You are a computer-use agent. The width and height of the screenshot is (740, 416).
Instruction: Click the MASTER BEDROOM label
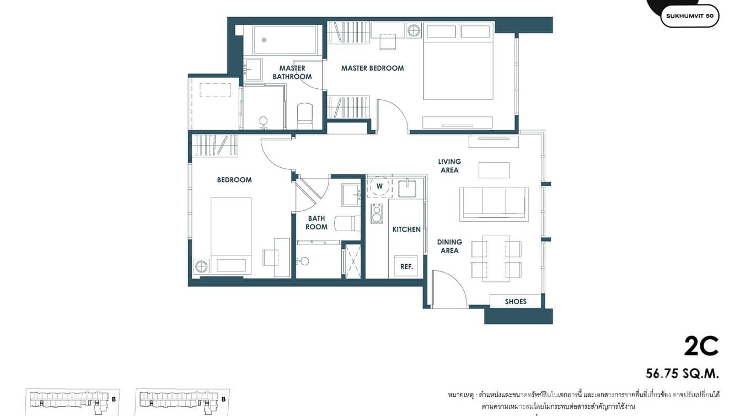(x=372, y=68)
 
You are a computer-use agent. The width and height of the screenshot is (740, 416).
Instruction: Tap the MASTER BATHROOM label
(x=292, y=72)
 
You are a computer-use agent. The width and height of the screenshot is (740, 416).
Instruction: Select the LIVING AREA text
(x=449, y=166)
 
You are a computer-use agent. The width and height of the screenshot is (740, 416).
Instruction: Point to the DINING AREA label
(x=449, y=246)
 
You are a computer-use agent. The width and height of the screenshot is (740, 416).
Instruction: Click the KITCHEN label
(x=406, y=230)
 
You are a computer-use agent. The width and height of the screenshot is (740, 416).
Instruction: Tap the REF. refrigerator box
(x=406, y=266)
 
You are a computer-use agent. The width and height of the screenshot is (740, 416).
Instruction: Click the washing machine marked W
(x=379, y=186)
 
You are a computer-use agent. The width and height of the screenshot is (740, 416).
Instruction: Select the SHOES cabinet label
(x=516, y=301)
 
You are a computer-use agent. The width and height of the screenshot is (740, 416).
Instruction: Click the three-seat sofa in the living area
(x=494, y=203)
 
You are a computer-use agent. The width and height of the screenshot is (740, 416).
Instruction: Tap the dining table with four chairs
(x=496, y=258)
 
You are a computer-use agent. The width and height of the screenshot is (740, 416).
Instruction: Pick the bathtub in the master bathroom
(x=285, y=40)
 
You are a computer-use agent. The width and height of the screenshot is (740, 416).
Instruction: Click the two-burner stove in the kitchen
(x=377, y=213)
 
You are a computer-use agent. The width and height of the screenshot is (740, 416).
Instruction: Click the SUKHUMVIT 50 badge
(x=689, y=16)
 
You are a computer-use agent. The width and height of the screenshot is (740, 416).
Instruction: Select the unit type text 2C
(x=701, y=346)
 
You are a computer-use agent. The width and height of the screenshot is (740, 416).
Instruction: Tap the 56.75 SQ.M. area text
(x=682, y=374)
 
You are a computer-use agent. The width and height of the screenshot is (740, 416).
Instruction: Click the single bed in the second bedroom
(x=231, y=235)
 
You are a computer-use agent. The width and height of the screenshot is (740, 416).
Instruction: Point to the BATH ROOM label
(x=317, y=223)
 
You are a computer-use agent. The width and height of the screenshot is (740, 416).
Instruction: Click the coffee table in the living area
(x=494, y=170)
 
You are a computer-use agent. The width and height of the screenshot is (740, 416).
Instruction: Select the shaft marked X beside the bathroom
(x=352, y=261)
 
